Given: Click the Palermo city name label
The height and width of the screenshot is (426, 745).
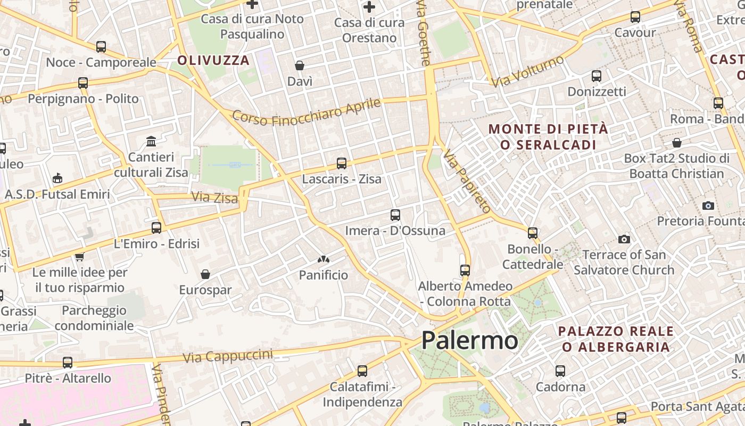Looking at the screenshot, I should pos(469,341).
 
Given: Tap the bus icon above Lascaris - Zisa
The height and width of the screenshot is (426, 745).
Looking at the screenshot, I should pos(342,163).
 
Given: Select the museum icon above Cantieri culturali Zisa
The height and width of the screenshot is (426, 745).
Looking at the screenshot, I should pos(151,142).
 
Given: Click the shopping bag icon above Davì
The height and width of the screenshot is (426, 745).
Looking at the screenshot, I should pos(300,65).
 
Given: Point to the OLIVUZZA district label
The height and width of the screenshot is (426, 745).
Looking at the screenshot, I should pos(213,60).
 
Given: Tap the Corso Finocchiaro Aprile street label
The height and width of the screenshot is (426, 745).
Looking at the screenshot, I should pos(307,112).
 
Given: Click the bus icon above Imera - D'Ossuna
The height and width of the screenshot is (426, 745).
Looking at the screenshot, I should pos(395,215).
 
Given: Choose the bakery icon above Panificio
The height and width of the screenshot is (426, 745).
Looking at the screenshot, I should pos(323,260).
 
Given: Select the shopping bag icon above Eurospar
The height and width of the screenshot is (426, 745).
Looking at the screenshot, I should pos(205,274).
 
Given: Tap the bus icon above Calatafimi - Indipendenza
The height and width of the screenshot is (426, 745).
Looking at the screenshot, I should pos(362,371).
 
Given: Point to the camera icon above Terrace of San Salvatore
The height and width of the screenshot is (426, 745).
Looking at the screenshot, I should pos(624,239).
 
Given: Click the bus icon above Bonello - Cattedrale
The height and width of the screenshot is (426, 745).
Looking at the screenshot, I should pos(533,233).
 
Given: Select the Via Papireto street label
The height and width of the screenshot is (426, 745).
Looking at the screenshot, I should pos(467,182).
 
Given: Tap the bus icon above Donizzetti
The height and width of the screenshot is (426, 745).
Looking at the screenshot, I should pos(597,76).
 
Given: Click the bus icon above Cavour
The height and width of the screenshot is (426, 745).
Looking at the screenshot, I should pos(635,17).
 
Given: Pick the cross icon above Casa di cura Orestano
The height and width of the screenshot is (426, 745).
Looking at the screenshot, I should pos(369,7).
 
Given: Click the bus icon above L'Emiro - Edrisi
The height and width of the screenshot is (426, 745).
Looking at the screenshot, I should pos(156,228).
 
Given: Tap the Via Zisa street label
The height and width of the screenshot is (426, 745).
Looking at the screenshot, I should pos(214,198).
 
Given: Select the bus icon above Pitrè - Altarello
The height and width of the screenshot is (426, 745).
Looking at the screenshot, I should pos(68,363).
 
